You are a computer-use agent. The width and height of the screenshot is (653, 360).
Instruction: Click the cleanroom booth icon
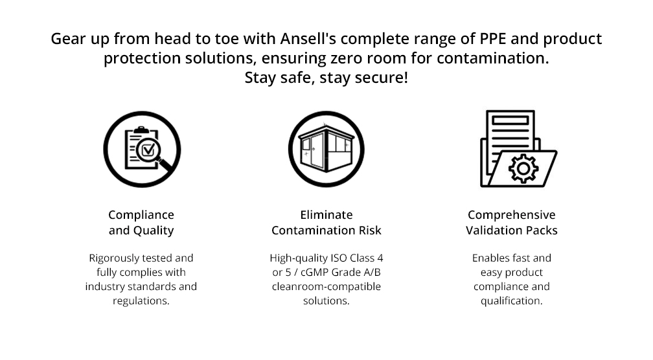click(x=326, y=149)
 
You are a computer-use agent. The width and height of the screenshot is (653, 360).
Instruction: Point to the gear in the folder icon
click(x=523, y=169)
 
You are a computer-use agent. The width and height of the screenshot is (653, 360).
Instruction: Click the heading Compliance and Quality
click(x=141, y=222)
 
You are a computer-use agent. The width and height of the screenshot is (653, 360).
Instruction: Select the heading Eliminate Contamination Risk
click(x=326, y=222)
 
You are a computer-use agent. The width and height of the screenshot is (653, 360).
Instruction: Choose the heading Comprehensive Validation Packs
click(x=512, y=222)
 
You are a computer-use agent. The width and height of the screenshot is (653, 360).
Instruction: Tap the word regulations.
click(x=141, y=300)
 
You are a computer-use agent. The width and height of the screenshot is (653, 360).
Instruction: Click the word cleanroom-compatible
click(x=326, y=286)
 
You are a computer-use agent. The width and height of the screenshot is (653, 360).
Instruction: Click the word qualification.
click(x=512, y=300)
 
